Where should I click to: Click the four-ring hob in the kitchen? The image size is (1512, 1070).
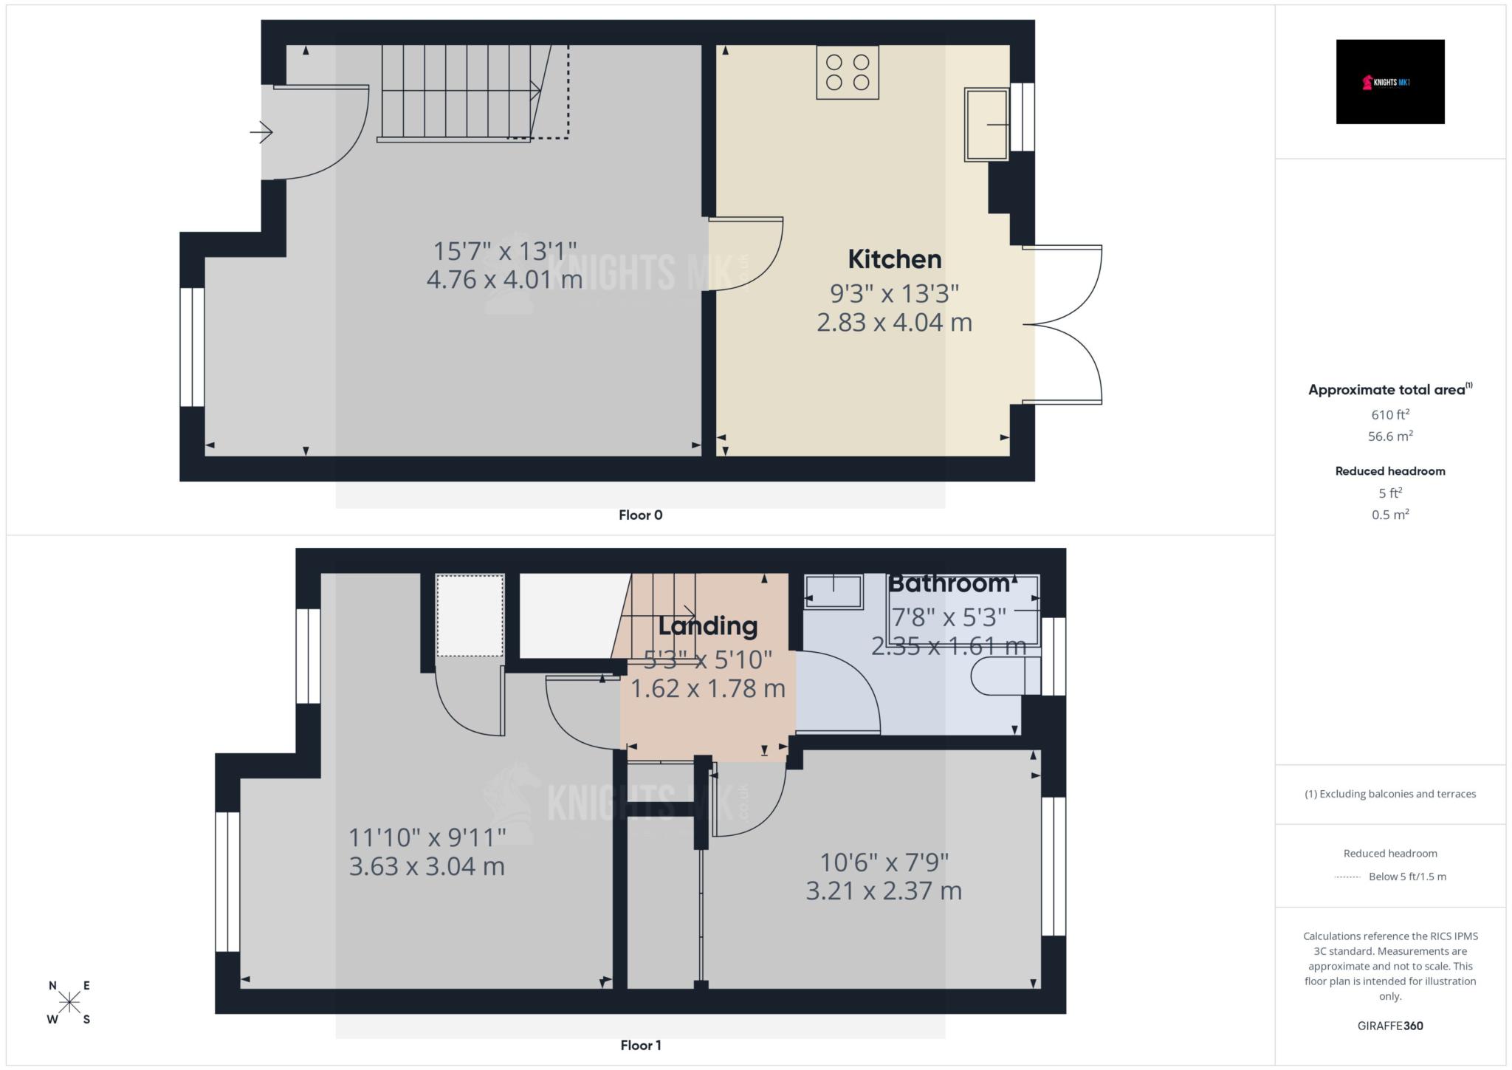[848, 72]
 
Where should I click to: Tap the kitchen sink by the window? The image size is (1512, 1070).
[986, 125]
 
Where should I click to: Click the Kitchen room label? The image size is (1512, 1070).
[894, 259]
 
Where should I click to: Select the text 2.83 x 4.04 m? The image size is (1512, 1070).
[894, 323]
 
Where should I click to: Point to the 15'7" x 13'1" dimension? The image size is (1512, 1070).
[504, 251]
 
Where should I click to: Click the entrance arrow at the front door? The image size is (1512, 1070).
[261, 133]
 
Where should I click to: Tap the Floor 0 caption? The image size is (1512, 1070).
[640, 515]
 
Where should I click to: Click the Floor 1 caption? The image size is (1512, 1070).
[640, 1045]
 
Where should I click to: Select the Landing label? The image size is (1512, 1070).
[707, 626]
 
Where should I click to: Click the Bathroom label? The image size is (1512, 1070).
[948, 583]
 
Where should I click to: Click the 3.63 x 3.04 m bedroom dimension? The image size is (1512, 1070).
[427, 866]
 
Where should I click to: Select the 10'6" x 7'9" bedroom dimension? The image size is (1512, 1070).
[884, 862]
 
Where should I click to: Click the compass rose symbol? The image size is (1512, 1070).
[69, 1002]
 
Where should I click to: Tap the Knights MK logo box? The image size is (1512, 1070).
[1389, 82]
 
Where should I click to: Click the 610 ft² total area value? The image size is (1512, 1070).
[1390, 415]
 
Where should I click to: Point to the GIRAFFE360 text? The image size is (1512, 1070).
[1390, 1026]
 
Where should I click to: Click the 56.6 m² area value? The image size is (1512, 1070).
[1390, 436]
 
